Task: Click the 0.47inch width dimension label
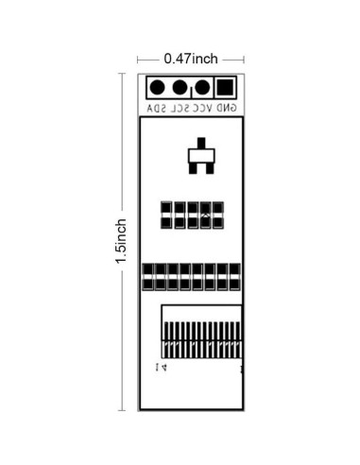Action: point(191,59)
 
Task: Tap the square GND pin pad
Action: point(225,89)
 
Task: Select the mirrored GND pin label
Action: point(227,110)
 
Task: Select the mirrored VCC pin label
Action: point(202,110)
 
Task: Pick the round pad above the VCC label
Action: point(202,89)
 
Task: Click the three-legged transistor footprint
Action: point(199,158)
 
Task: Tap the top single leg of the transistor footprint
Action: point(199,145)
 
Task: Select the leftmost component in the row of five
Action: point(165,215)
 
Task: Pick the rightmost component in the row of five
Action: point(218,215)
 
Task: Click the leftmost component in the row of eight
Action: point(147,277)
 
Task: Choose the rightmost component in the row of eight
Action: point(234,277)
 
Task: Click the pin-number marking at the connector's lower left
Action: point(160,366)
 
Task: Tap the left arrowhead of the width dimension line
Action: point(141,59)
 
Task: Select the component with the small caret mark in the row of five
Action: point(205,215)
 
